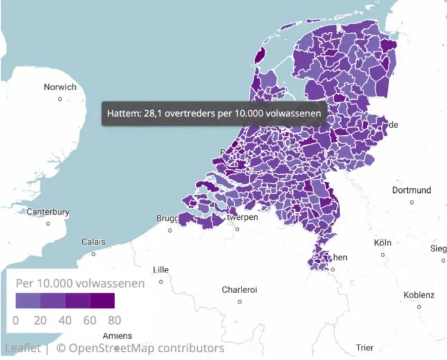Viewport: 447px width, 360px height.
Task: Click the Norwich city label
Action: point(60,87)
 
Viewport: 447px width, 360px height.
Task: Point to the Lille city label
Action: point(161,270)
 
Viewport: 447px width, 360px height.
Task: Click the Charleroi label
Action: point(240,290)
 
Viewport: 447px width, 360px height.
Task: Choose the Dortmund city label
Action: point(411,190)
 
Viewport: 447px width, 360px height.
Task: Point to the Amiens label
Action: point(117,336)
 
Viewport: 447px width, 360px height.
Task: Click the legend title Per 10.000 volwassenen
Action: point(80,283)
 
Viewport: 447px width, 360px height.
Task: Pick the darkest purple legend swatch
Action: point(102,301)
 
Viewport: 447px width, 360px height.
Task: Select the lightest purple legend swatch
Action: point(28,301)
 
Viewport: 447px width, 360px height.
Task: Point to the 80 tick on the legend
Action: point(114,319)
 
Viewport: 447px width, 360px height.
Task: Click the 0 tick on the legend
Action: point(15,319)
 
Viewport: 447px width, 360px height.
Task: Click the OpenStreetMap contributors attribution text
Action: point(140,348)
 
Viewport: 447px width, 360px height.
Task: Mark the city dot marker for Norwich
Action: point(60,99)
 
